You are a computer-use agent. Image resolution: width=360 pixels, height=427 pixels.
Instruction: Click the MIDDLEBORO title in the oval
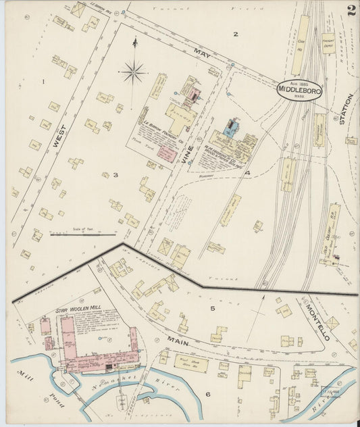coord(299,89)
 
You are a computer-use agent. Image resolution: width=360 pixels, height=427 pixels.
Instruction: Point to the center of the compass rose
coord(134,70)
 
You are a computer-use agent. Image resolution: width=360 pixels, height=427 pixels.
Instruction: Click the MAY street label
coord(201,53)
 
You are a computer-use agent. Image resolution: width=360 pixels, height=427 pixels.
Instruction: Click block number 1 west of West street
coord(43,82)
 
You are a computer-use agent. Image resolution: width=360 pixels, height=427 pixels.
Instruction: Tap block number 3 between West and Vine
coord(115,175)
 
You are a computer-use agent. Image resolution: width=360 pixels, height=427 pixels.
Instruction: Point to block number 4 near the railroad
coord(248,173)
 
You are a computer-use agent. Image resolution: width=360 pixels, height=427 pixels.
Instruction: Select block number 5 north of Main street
coord(211,308)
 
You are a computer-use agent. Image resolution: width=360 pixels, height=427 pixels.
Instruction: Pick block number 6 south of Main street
coord(208,393)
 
